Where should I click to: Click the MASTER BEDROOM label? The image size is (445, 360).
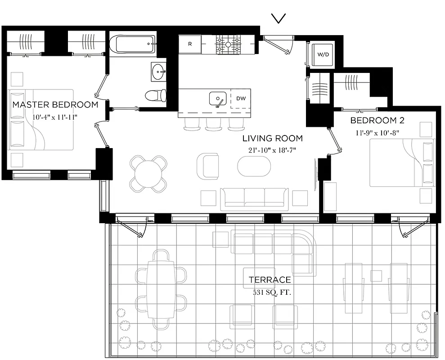pyautogui.click(x=55, y=105)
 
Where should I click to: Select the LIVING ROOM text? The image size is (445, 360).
pyautogui.click(x=272, y=138)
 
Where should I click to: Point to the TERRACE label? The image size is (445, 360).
pyautogui.click(x=270, y=280)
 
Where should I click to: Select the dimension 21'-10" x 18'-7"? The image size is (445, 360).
pyautogui.click(x=272, y=150)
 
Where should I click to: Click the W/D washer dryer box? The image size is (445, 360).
pyautogui.click(x=323, y=55)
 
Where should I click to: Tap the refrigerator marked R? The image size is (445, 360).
pyautogui.click(x=190, y=45)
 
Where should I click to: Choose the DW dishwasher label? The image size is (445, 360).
pyautogui.click(x=241, y=98)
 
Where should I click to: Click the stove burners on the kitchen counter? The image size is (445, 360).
pyautogui.click(x=228, y=45)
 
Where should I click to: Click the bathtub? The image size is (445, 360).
pyautogui.click(x=133, y=44)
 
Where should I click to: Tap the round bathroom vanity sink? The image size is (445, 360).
pyautogui.click(x=158, y=72)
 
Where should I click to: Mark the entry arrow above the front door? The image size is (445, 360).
pyautogui.click(x=279, y=18)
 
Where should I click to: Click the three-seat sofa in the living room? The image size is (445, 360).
pyautogui.click(x=255, y=198)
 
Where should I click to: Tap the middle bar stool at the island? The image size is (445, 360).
pyautogui.click(x=214, y=124)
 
